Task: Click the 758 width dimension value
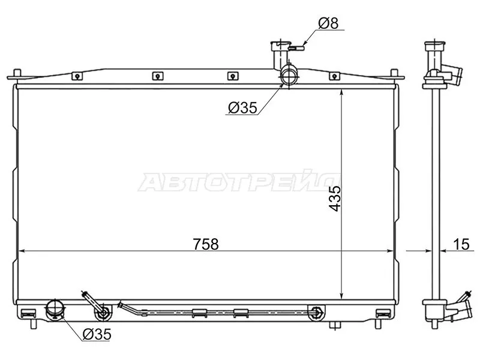point(205,244)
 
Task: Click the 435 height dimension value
point(334,197)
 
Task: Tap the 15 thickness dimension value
point(460,244)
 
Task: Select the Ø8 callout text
point(328,23)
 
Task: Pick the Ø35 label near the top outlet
point(242,108)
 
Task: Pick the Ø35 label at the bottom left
point(97,334)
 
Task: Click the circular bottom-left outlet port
point(55,310)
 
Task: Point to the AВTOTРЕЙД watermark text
point(240,182)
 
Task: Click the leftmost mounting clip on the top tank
point(76,76)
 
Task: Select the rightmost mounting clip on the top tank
point(334,76)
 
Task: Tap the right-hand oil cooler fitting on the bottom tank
point(316,311)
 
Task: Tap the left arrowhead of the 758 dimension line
point(20,250)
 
